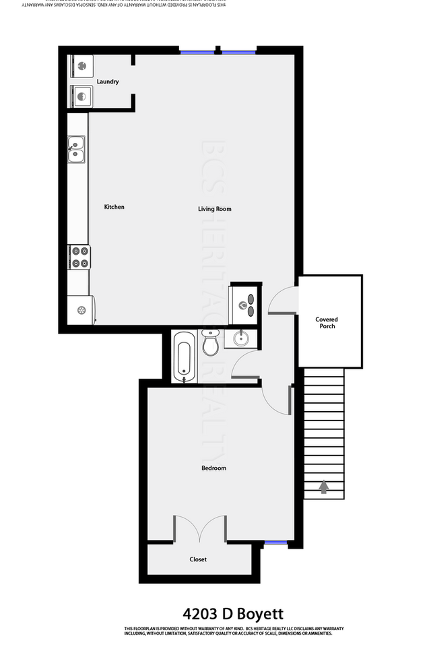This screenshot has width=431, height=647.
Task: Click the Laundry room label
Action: pos(108,82)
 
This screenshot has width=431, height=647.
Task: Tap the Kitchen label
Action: pos(114,207)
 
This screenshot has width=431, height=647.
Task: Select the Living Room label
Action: pos(214,209)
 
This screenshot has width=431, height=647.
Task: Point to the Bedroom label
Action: pos(213,468)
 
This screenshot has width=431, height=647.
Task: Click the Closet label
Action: pos(198,559)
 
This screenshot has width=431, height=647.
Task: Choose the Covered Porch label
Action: pos(327,323)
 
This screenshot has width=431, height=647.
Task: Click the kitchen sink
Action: pos(75,150)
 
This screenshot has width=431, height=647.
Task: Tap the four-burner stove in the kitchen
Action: pos(79,257)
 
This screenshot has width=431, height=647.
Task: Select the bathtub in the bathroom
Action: pos(183,358)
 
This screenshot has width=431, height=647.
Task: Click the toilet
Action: pos(209,343)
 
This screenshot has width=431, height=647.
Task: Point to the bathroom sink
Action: pos(243,338)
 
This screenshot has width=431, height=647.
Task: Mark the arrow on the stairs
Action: pos(324,486)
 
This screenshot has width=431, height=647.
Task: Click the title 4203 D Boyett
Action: pos(233,613)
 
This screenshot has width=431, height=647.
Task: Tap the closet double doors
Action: pos(199,529)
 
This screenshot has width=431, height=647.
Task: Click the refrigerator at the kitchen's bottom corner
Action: pos(81,309)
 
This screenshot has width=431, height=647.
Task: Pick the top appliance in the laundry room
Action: pos(81,66)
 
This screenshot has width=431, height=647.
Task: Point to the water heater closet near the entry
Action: pos(245,300)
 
